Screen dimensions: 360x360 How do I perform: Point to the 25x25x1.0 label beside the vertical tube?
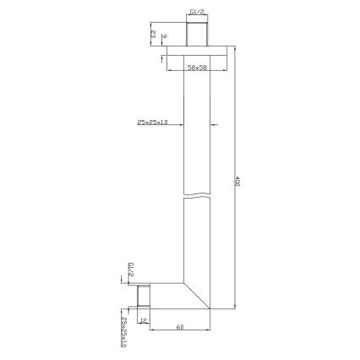(x=152, y=123)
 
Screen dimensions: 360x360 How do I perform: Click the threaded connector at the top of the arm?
(x=196, y=35)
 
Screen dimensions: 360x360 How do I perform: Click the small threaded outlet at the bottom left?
(x=142, y=297)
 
